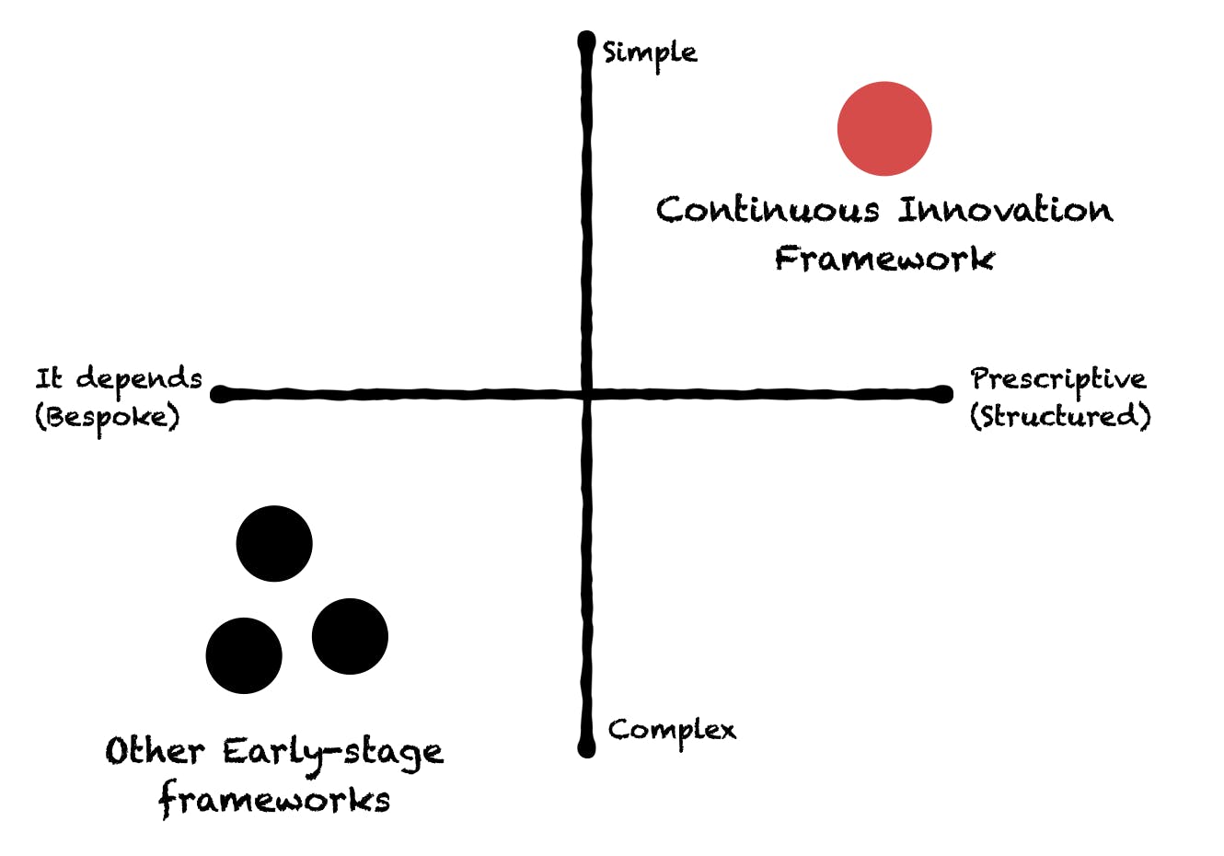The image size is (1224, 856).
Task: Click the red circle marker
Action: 884,129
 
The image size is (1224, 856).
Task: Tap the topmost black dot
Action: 274,543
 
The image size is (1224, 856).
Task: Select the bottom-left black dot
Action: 244,656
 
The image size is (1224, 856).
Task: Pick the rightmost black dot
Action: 350,636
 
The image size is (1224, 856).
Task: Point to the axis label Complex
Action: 672,733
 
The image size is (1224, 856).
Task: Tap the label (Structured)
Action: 1060,417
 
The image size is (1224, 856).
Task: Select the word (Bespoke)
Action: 107,419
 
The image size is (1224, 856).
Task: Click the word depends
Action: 139,379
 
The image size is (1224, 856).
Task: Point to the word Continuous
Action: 768,210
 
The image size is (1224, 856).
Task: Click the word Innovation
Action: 1006,210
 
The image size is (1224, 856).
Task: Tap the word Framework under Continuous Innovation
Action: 884,258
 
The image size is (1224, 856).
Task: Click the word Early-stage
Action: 333,755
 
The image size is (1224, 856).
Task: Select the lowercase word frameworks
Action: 274,800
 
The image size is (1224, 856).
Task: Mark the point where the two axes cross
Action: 587,394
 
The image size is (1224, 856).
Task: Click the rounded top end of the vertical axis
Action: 586,39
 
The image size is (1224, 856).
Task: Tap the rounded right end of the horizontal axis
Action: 943,394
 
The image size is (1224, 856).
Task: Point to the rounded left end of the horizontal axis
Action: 219,394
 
